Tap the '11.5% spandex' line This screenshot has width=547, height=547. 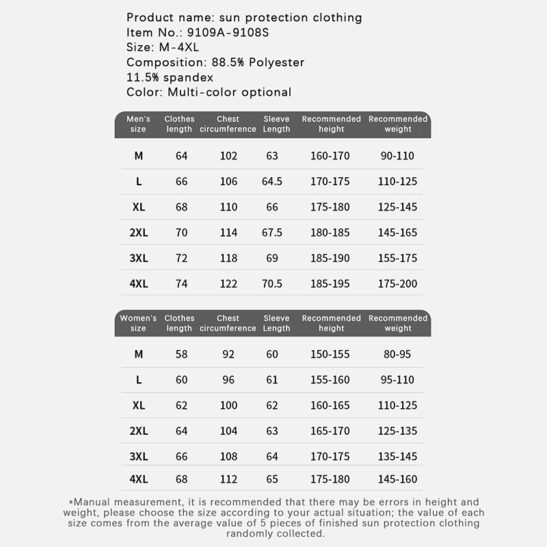point(170,77)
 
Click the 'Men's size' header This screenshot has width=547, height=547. point(138,124)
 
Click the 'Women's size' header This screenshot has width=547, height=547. point(138,323)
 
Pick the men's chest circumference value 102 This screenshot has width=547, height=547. point(228,156)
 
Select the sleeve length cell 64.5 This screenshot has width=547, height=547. point(272,181)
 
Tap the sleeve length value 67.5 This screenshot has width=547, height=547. point(272,232)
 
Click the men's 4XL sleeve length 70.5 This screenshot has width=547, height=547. point(272,284)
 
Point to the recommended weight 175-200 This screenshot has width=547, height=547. point(397,284)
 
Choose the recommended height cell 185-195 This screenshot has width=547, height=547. point(330,284)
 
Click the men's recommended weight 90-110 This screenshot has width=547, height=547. point(397,156)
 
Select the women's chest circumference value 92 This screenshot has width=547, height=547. point(228,354)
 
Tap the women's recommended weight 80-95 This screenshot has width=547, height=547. point(397,354)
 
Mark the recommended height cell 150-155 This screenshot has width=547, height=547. point(330,354)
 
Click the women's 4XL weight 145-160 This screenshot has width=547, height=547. point(397,479)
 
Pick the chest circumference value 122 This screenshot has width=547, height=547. point(228,284)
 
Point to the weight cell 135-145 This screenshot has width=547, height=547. point(397,456)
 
